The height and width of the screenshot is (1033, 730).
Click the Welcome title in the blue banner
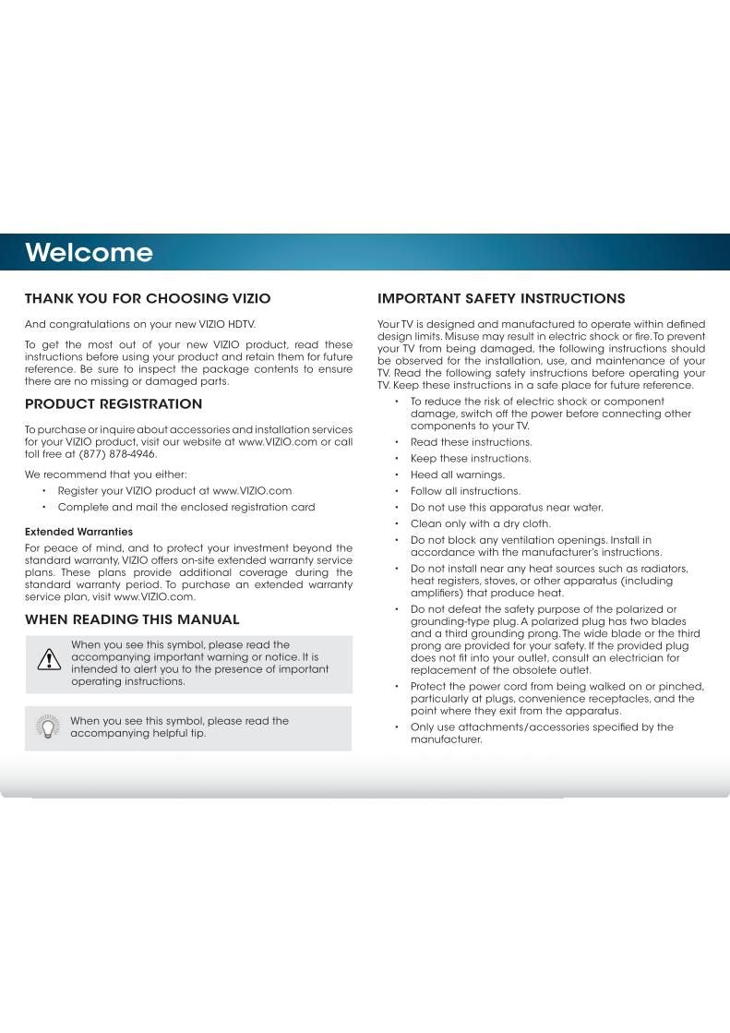coord(89,253)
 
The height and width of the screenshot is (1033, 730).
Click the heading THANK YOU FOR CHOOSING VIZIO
coord(148,299)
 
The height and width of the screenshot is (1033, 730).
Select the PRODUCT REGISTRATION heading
coord(114,404)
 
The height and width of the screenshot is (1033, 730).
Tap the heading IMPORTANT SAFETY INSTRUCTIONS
coord(501,299)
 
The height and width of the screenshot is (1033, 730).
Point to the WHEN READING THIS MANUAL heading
coord(132,619)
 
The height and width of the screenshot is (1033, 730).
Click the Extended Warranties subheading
coord(78,532)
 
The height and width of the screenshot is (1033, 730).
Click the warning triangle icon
coord(48,658)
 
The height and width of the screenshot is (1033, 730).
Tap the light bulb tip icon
coord(48,727)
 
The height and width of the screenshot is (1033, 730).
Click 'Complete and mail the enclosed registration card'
coord(186,507)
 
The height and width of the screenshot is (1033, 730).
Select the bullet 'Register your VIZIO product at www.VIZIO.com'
coord(174,490)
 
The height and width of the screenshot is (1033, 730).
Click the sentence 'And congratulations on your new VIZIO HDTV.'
coord(139,324)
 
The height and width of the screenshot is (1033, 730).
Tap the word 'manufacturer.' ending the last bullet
coord(446,739)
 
